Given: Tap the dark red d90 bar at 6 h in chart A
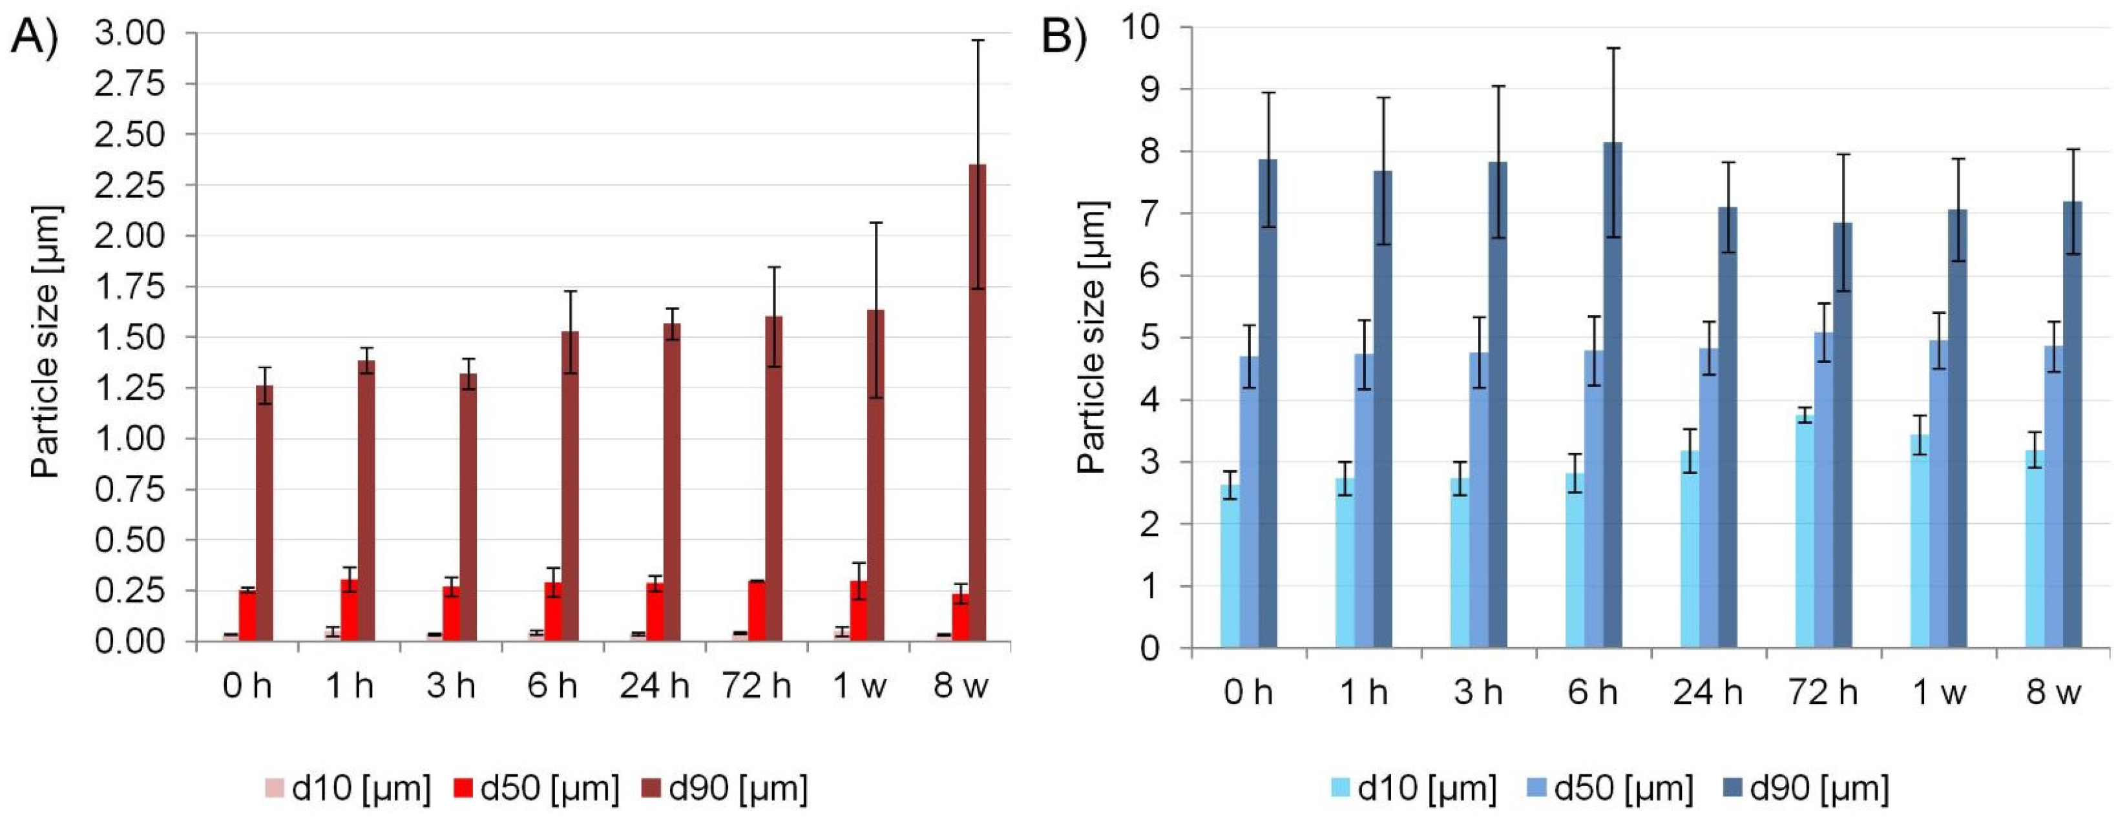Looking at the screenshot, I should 570,487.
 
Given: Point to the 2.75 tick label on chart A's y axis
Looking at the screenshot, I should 130,84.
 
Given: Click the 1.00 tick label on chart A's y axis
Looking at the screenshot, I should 130,439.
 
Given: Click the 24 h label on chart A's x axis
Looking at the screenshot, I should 654,686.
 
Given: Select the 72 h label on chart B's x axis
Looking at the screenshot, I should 1823,692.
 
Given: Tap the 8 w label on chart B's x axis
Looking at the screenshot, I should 2053,692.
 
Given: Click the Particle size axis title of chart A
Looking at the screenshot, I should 45,342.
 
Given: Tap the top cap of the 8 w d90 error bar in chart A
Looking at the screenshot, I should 977,39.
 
